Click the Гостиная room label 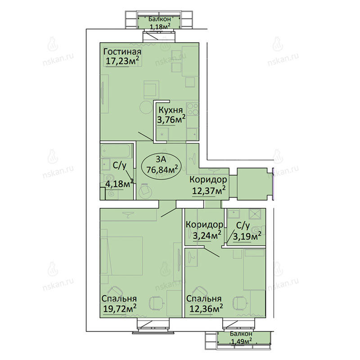pos(122,52)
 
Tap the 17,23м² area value pos(122,61)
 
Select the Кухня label pos(171,110)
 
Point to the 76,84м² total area pos(162,170)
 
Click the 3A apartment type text pos(161,159)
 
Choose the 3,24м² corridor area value pos(207,235)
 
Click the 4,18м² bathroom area pos(119,184)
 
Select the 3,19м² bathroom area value pos(247,236)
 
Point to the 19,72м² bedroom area pos(120,308)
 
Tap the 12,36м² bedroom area pos(206,308)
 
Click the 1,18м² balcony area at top pos(160,27)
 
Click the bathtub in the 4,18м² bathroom pos(117,151)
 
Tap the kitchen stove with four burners pos(193,109)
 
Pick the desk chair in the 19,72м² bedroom pos(156,303)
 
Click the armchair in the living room pos(151,90)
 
